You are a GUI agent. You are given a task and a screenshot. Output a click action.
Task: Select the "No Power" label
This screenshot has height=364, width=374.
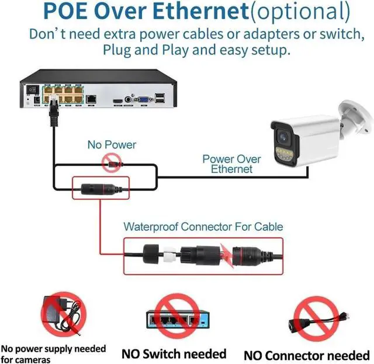pos(112,144)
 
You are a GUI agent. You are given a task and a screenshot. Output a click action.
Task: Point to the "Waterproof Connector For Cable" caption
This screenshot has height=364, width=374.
pos(203,227)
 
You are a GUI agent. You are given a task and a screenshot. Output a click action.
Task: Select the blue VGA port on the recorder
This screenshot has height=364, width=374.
pos(142,100)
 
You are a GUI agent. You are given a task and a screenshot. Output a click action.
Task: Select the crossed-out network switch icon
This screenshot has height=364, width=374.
pos(174,318)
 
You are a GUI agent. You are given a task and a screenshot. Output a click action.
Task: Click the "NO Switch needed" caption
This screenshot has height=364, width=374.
pos(174,353)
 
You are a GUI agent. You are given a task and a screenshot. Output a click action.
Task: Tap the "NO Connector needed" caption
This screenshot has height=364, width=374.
pos(307,355)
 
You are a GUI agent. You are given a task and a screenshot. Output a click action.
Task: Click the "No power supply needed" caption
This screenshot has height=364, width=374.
pos(54,349)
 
